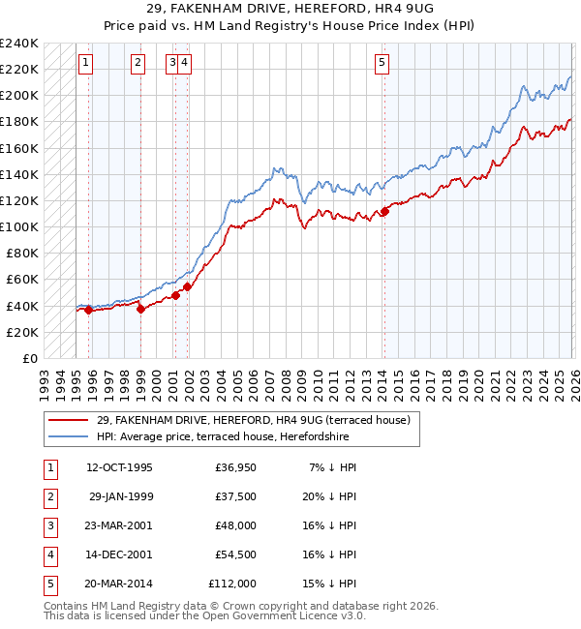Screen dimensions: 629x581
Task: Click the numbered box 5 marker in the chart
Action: [x=382, y=64]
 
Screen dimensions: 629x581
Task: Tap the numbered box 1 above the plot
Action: [x=86, y=64]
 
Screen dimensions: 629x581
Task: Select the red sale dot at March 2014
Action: [x=384, y=211]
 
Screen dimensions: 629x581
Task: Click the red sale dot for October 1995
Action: [x=88, y=310]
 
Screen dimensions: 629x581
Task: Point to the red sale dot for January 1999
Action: [x=140, y=310]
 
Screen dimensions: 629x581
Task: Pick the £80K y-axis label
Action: [x=22, y=254]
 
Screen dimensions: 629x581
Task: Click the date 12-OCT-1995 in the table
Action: [x=119, y=467]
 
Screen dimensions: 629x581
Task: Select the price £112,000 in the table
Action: [x=232, y=584]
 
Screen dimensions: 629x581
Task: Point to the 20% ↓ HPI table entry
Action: [x=328, y=496]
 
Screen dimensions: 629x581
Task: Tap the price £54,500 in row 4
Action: [x=235, y=554]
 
